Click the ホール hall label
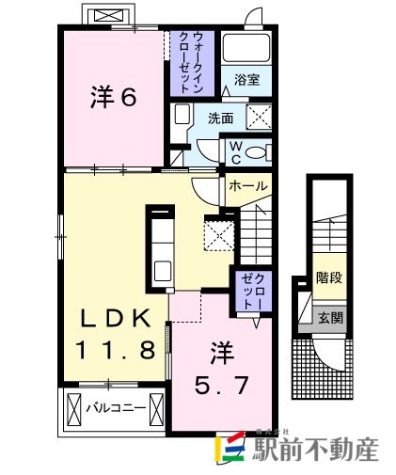pyautogui.click(x=247, y=187)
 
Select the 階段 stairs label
pyautogui.click(x=328, y=279)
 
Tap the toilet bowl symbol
pyautogui.click(x=261, y=151)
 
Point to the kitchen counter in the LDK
pyautogui.click(x=157, y=245)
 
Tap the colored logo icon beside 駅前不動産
pyautogui.click(x=232, y=450)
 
